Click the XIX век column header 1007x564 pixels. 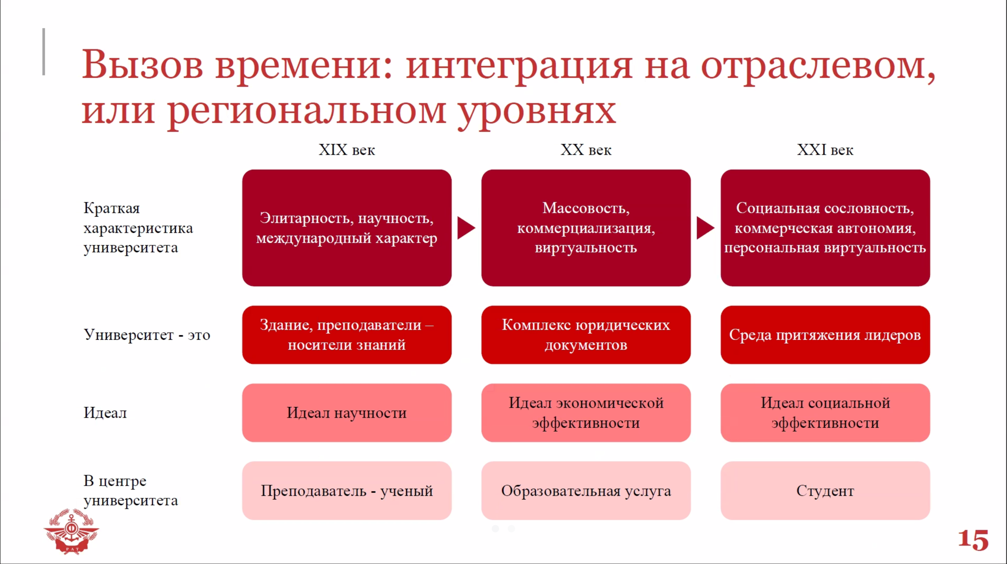[x=347, y=150]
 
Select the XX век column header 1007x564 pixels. [x=586, y=150]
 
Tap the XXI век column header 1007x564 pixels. [x=825, y=150]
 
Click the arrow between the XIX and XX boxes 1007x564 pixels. [x=466, y=228]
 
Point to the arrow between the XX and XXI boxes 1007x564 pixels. [x=705, y=228]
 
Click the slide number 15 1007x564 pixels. [x=973, y=540]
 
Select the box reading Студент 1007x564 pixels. [x=825, y=491]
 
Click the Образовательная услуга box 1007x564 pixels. [x=586, y=491]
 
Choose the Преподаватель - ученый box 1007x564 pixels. [x=347, y=491]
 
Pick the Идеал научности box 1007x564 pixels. [x=347, y=413]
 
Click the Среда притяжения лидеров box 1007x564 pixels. [x=825, y=335]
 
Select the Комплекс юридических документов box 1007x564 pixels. [x=586, y=335]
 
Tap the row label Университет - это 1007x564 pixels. [x=147, y=335]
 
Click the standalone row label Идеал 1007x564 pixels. [x=105, y=413]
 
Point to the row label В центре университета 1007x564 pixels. [x=131, y=491]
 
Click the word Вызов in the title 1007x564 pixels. [x=143, y=64]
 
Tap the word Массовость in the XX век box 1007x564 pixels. [x=586, y=208]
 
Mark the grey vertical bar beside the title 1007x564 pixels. [x=43, y=51]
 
